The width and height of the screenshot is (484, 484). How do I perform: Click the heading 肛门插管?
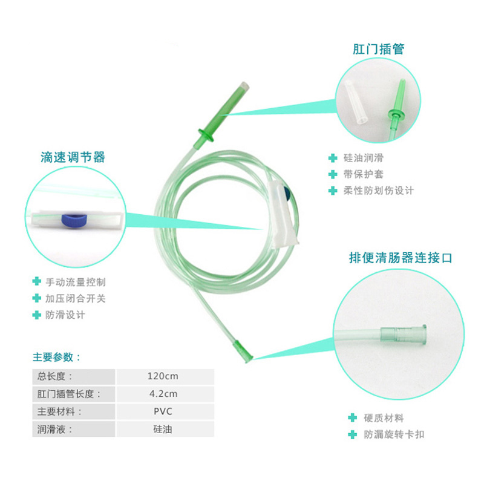coord(379,48)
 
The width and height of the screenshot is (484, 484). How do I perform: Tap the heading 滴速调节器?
coord(73,157)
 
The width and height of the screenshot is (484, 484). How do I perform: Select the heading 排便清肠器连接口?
coord(400,258)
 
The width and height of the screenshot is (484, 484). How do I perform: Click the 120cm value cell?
coord(163,376)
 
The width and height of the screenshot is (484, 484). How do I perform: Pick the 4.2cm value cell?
coord(163,394)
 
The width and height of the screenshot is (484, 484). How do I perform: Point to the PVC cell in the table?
coord(163,412)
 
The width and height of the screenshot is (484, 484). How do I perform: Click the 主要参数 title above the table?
coord(57,357)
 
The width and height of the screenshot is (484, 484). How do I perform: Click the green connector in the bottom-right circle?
coord(405,336)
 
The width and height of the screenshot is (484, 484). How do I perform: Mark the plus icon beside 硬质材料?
coord(351,417)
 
